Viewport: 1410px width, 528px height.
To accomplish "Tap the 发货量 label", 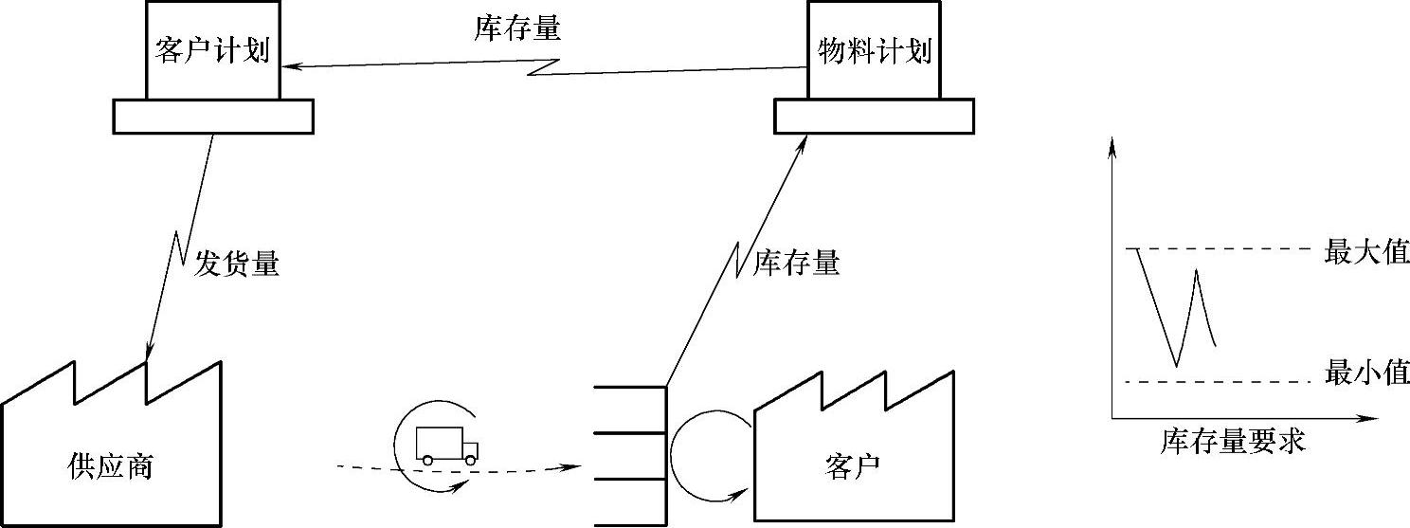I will coord(237,264).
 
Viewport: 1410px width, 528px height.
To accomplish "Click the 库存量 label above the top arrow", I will coord(517,29).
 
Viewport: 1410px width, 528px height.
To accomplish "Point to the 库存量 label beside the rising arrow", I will coord(796,264).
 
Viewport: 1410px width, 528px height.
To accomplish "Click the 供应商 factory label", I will coord(111,465).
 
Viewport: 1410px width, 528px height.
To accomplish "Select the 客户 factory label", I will coord(853,465).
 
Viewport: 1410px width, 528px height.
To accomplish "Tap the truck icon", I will coord(446,445).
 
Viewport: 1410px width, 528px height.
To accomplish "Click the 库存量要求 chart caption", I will coord(1233,442).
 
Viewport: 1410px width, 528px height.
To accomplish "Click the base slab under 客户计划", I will coord(212,116).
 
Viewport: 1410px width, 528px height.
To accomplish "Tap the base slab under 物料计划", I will coord(874,116).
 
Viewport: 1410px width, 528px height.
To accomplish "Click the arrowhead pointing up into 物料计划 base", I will coord(806,139).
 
